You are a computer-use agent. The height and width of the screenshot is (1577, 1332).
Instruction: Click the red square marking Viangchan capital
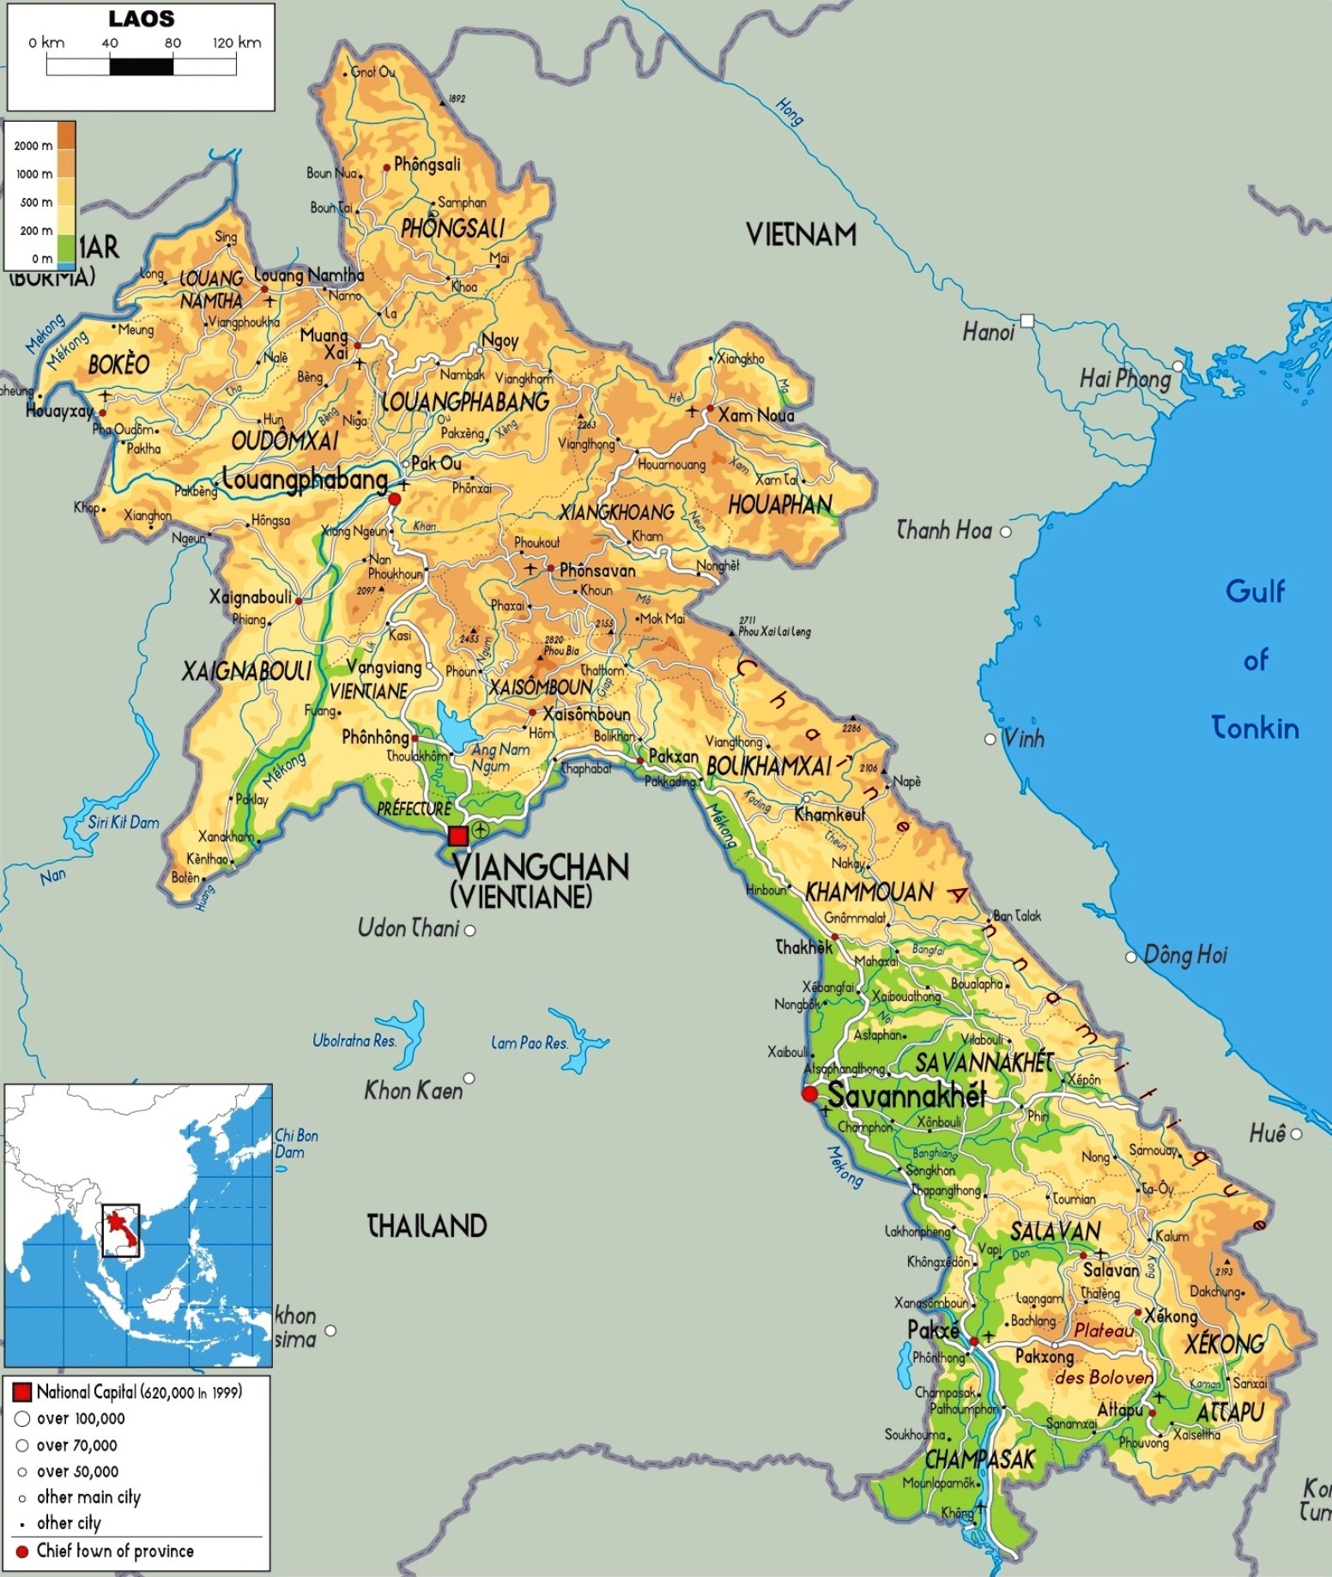(x=458, y=835)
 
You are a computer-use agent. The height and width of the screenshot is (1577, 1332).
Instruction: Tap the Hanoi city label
(x=987, y=332)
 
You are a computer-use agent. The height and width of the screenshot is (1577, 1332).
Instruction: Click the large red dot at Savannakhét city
(x=808, y=1093)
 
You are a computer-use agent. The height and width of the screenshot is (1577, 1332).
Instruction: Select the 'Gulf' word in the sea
(x=1255, y=591)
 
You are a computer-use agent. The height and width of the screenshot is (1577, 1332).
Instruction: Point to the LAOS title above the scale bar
(x=141, y=19)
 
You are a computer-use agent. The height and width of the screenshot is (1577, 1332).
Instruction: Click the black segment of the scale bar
(x=142, y=66)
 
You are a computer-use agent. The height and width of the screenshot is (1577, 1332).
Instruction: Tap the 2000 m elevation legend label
(x=33, y=146)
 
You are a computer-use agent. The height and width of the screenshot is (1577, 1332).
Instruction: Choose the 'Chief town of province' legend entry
(x=114, y=1550)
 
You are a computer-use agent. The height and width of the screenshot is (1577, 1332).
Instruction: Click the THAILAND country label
(x=427, y=1225)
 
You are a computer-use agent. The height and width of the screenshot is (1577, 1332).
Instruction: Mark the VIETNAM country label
(x=800, y=234)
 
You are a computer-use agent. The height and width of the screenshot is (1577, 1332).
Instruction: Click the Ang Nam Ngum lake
(x=456, y=728)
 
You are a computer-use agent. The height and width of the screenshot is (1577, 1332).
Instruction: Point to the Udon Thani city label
(x=409, y=927)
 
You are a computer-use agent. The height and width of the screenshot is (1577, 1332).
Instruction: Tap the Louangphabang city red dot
(x=394, y=498)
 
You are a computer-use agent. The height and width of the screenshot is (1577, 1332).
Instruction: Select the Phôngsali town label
(x=427, y=164)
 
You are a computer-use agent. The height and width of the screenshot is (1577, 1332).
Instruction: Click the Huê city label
(x=1267, y=1133)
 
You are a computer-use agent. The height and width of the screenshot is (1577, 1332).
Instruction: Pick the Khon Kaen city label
(x=413, y=1090)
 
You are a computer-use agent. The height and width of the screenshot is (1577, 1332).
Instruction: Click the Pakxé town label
(x=933, y=1329)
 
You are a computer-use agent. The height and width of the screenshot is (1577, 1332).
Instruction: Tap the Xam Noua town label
(x=756, y=415)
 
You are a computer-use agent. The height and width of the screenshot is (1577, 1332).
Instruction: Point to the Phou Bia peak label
(x=560, y=650)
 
